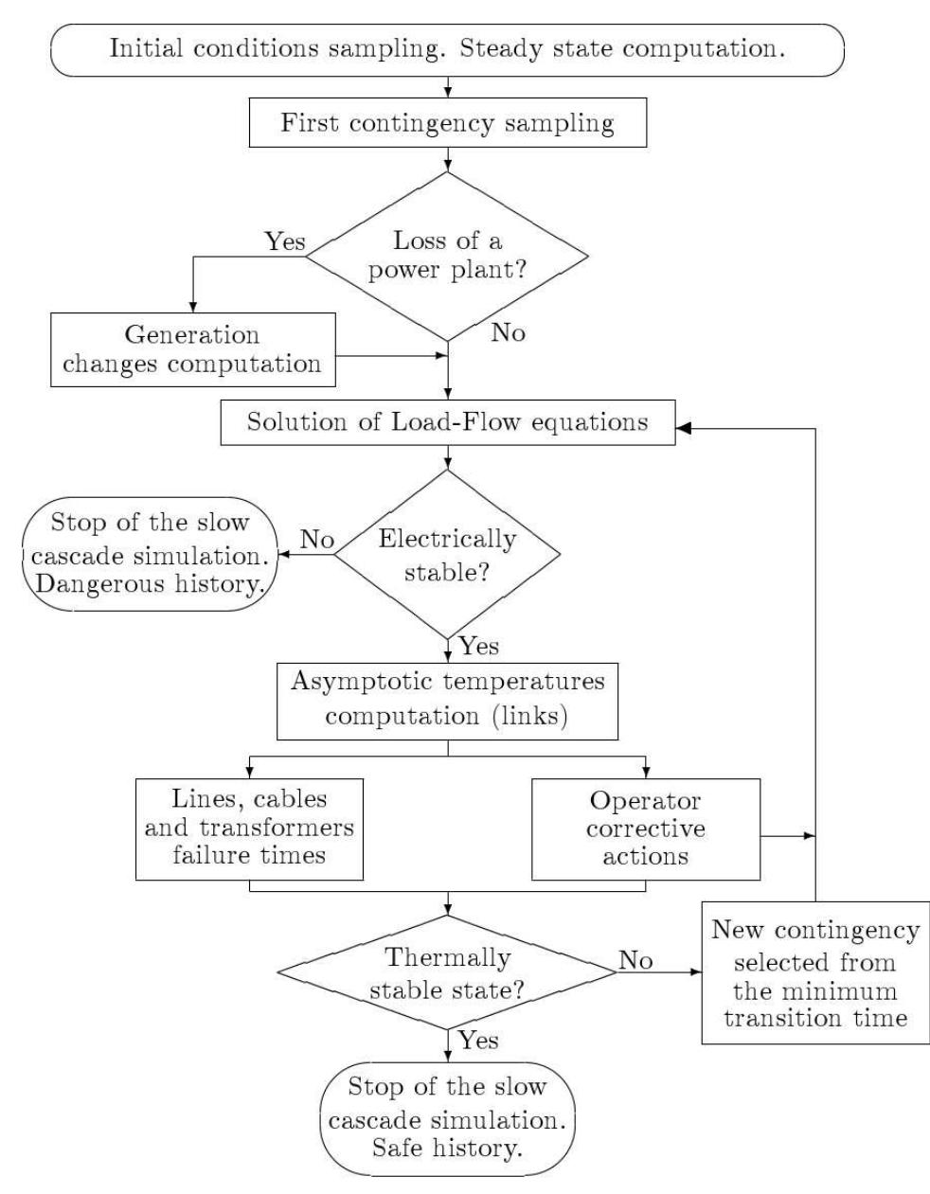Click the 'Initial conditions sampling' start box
point(447,49)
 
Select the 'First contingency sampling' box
point(447,124)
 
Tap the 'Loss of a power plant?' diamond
point(447,256)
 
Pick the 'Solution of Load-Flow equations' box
point(447,421)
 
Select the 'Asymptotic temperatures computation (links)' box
point(447,701)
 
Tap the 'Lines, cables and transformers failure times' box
point(249,829)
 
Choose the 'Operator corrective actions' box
point(645,829)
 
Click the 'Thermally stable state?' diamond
point(447,972)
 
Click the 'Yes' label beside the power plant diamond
point(285,242)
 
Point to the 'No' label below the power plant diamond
point(508,333)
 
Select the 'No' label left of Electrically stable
point(317,540)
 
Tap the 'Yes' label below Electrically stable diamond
point(479,647)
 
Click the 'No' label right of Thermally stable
point(635,960)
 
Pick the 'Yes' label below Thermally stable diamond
point(479,1041)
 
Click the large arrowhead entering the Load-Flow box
point(685,428)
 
